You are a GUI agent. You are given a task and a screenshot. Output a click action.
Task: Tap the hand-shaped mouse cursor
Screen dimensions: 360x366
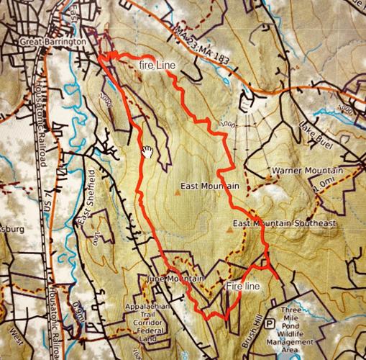tap(147, 151)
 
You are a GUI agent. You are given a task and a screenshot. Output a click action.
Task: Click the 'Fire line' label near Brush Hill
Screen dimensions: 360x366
tap(243, 287)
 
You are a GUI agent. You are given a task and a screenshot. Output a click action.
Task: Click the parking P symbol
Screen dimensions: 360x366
tap(270, 323)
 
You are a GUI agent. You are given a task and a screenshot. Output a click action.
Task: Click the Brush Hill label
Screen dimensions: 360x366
tap(253, 332)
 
